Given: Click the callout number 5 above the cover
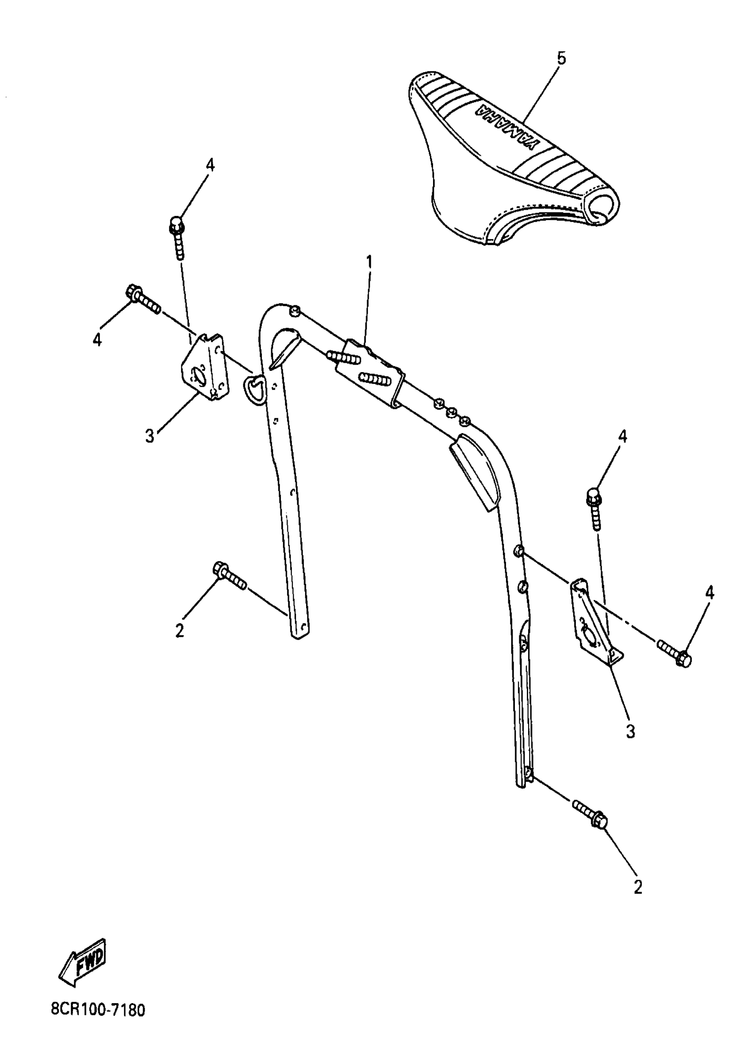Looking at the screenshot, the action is (x=561, y=59).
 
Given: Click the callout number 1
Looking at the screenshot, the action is (x=369, y=262).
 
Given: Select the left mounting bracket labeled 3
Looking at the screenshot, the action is (x=204, y=366).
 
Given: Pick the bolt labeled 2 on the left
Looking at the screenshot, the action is (x=229, y=575).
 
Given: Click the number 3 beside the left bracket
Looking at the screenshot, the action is (x=150, y=436).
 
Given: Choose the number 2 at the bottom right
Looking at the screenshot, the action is (x=638, y=888).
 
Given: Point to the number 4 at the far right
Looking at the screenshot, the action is (x=710, y=592).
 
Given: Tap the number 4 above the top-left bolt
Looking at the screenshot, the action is (x=210, y=165).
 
